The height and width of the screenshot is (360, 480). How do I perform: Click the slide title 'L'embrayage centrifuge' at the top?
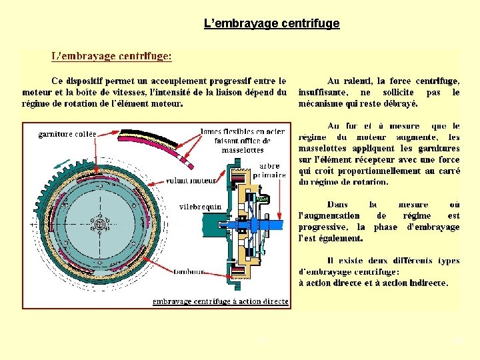[271, 24]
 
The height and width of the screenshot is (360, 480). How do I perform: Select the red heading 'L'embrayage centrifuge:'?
[111, 57]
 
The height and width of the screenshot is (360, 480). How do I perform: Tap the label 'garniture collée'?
[67, 134]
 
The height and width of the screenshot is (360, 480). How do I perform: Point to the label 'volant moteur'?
[191, 180]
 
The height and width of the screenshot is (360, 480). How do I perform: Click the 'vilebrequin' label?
[201, 207]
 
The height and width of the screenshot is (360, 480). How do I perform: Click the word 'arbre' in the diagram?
[270, 165]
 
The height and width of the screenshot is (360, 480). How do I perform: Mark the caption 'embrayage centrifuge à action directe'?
[220, 301]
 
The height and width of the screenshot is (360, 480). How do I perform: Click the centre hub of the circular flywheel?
[100, 224]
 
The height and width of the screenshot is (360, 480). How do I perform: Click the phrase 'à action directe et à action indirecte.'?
[373, 283]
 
